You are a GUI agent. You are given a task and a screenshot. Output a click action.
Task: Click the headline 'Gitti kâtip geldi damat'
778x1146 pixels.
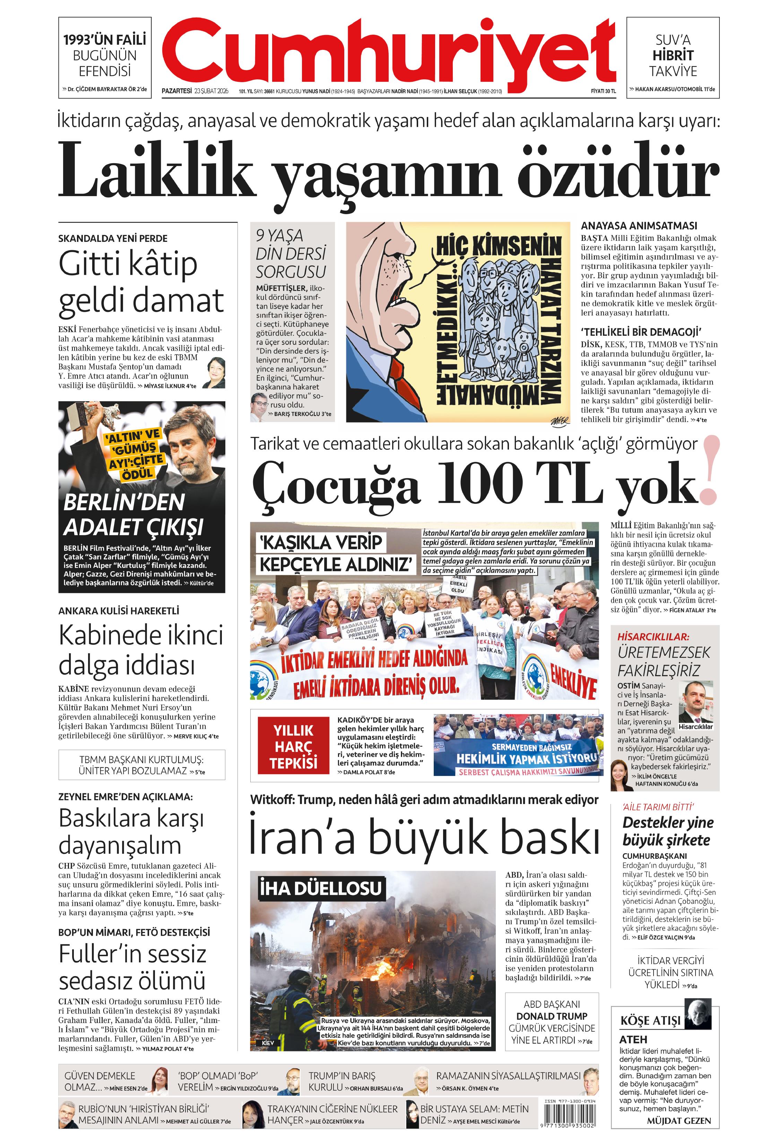pyautogui.click(x=141, y=283)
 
